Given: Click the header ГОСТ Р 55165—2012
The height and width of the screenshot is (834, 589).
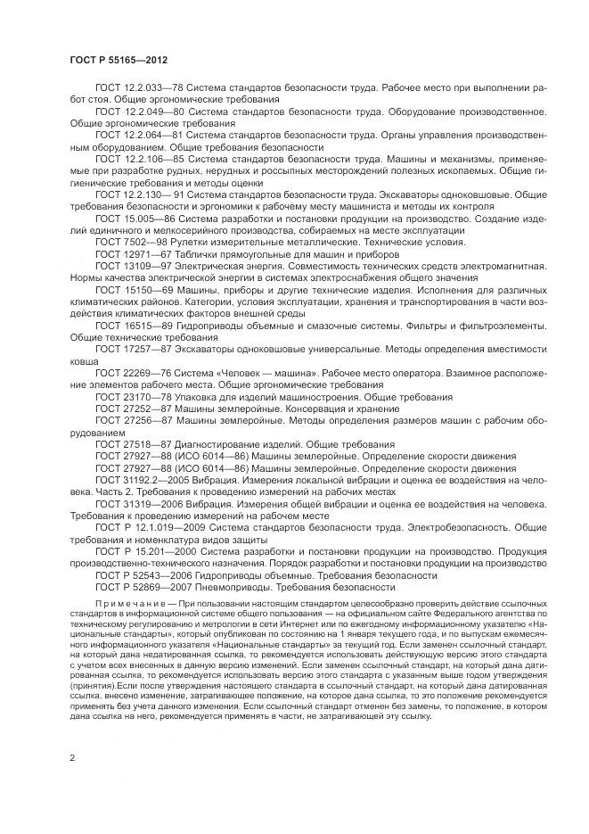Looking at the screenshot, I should pos(119,60).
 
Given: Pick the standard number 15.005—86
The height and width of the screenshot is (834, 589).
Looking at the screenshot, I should pos(144,218).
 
